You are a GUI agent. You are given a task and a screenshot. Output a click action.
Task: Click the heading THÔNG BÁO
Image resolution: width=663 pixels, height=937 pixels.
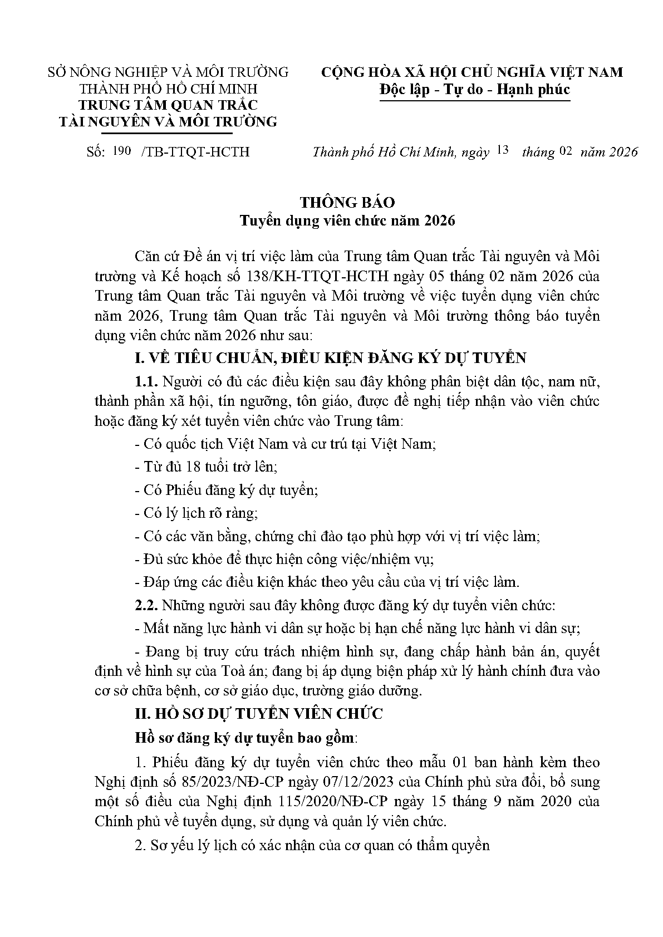(x=347, y=202)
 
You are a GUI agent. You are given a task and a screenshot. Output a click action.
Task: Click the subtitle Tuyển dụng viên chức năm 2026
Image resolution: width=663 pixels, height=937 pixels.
(x=347, y=220)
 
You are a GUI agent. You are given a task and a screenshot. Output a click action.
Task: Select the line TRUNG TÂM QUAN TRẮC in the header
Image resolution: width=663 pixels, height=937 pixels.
(x=168, y=105)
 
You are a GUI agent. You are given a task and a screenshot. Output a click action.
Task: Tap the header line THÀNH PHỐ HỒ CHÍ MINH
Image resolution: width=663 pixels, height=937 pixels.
(x=169, y=89)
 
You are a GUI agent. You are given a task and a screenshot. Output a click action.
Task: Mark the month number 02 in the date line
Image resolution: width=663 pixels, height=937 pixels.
(x=566, y=151)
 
